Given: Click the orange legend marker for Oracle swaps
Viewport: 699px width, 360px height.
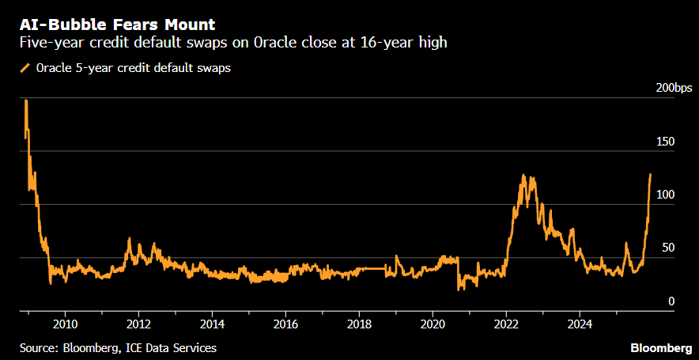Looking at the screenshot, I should coord(25,68).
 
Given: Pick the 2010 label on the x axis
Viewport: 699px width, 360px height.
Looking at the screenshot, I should coord(65,324).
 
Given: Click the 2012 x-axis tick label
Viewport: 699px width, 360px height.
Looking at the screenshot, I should coord(138,324).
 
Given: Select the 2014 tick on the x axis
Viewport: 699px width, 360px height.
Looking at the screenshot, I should coord(212,324).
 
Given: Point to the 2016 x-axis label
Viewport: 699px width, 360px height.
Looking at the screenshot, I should coord(285,324).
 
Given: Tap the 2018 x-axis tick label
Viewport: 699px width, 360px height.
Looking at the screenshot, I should coord(359,324).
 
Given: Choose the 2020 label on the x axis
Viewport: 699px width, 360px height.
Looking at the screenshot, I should coord(433,324).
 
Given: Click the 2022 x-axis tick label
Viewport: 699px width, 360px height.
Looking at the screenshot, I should coord(506,324).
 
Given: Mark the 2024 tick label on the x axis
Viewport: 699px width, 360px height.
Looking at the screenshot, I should coord(580,324).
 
